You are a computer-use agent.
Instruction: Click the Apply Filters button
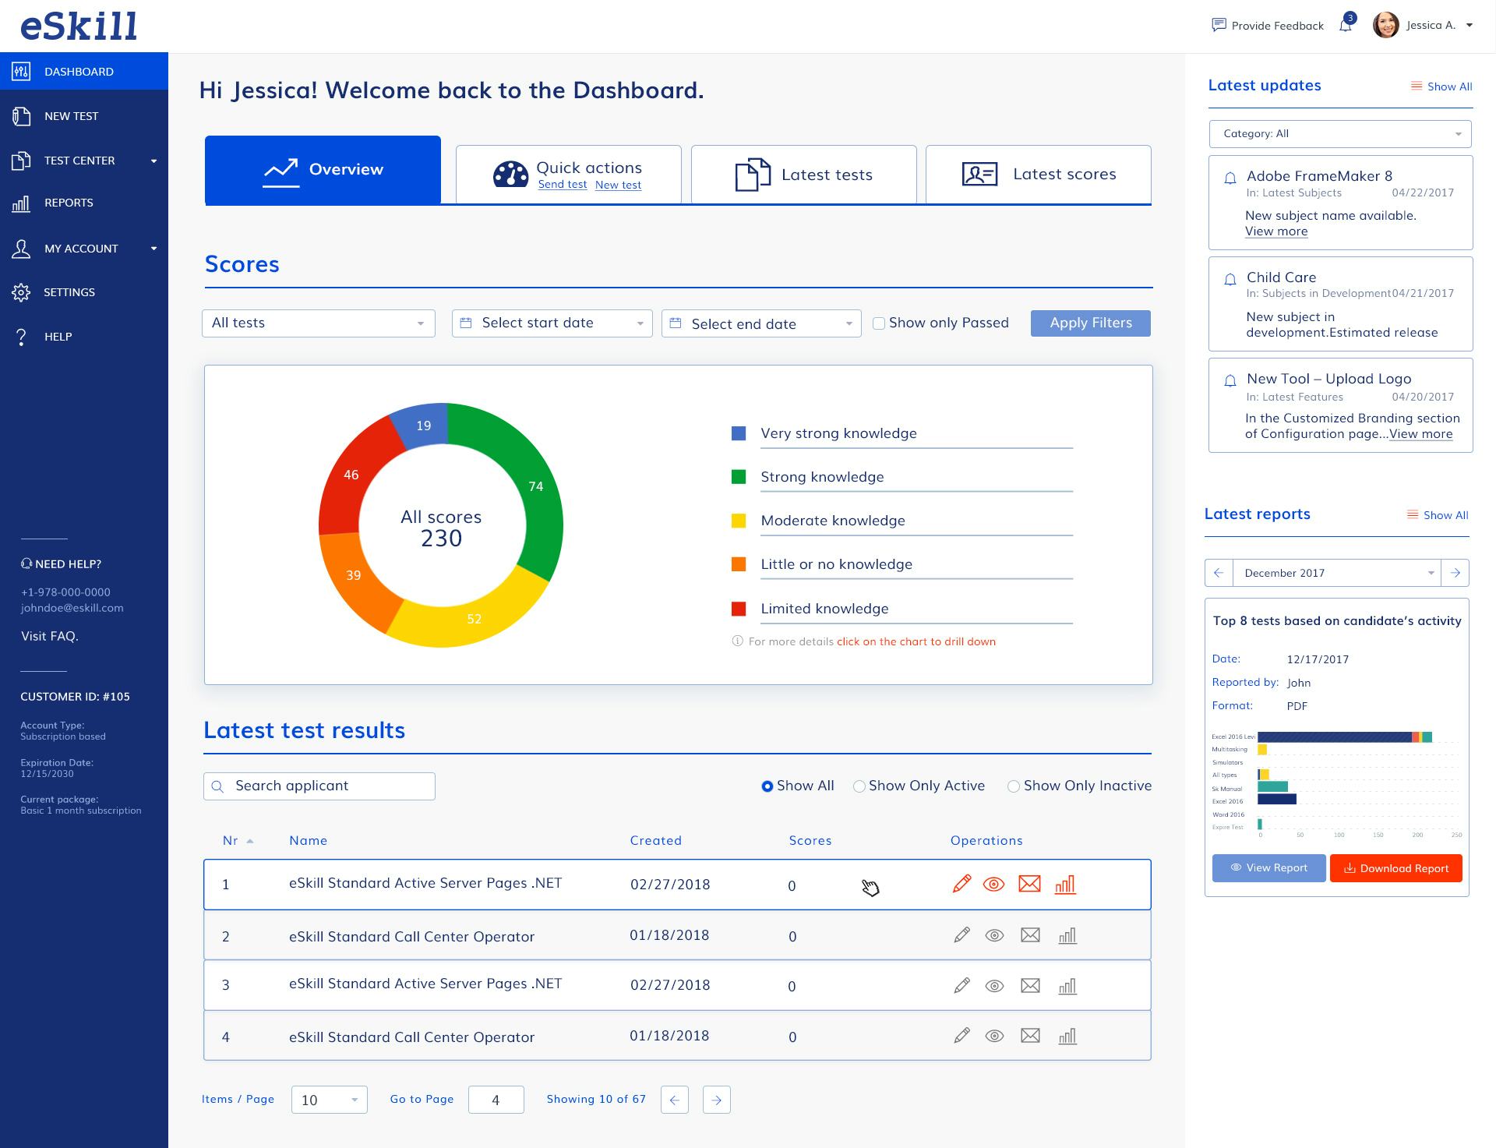(1090, 323)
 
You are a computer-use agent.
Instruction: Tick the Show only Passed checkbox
(879, 323)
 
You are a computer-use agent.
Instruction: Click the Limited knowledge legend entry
(824, 609)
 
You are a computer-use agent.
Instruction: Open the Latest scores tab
(1038, 175)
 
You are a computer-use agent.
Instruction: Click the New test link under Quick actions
(618, 185)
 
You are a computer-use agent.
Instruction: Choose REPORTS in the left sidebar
(69, 203)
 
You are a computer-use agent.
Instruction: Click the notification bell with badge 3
(1345, 26)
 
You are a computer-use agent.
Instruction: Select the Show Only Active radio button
(859, 786)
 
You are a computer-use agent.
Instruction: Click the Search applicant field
(319, 786)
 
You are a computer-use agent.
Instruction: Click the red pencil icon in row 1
(961, 884)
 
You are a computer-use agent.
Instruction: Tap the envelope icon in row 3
(1030, 986)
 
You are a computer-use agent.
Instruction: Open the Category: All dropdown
(1340, 134)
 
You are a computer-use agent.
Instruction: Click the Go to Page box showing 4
(496, 1100)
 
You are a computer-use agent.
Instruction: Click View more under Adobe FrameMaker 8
(1276, 231)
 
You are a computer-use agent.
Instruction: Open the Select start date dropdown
(552, 323)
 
